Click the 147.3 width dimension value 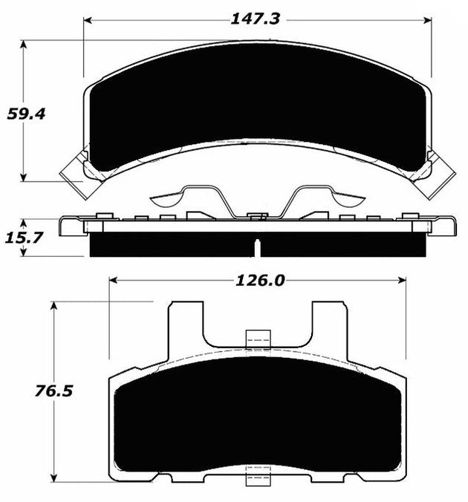(255, 19)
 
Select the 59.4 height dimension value (26, 114)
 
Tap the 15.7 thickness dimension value (25, 238)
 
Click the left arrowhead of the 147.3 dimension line (88, 20)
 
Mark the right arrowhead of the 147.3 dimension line (429, 20)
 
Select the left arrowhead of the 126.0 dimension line (114, 281)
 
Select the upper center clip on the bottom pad (257, 339)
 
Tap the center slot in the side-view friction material (257, 247)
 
